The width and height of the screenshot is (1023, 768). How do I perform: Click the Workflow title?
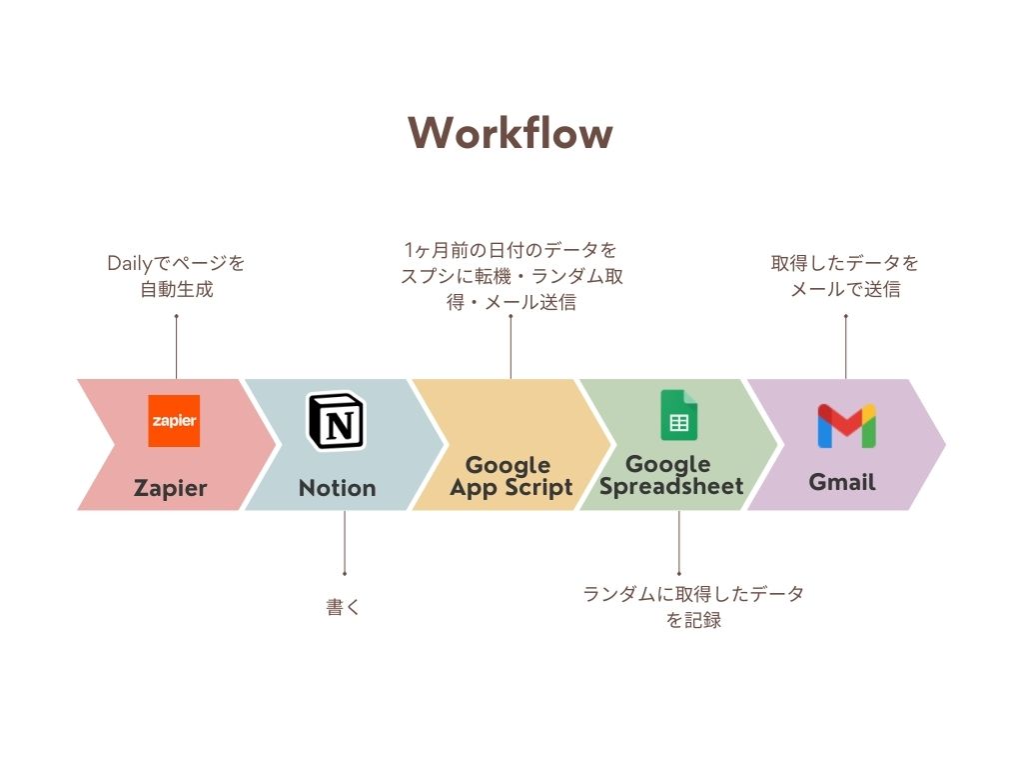tap(511, 133)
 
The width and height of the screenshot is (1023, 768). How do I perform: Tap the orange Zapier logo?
tap(174, 420)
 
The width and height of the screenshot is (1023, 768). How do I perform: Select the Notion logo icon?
tap(337, 421)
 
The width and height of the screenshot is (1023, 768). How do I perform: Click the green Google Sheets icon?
tap(678, 416)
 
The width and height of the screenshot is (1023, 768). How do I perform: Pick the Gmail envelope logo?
tap(845, 426)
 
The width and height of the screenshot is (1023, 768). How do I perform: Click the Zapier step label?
tap(171, 488)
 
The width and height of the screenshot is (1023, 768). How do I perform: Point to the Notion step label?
tap(338, 488)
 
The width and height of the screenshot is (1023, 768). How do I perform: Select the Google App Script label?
tap(511, 476)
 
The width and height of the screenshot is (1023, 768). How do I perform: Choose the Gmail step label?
tap(842, 482)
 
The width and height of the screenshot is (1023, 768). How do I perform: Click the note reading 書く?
tap(343, 607)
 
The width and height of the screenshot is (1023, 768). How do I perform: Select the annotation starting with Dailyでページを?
tap(176, 277)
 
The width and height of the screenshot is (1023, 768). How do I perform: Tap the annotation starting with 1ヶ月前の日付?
tap(511, 275)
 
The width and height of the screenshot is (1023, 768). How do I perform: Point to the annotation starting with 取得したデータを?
tap(845, 277)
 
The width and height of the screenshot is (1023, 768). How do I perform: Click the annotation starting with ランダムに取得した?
tap(693, 607)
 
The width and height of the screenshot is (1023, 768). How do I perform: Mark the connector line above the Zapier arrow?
tap(176, 347)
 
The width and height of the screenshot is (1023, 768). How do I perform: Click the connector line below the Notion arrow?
tap(345, 543)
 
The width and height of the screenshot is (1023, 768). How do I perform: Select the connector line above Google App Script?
tap(511, 347)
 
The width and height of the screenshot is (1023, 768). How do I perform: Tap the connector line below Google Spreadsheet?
tap(679, 543)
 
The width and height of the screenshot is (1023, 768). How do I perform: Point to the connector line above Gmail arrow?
tap(845, 347)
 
